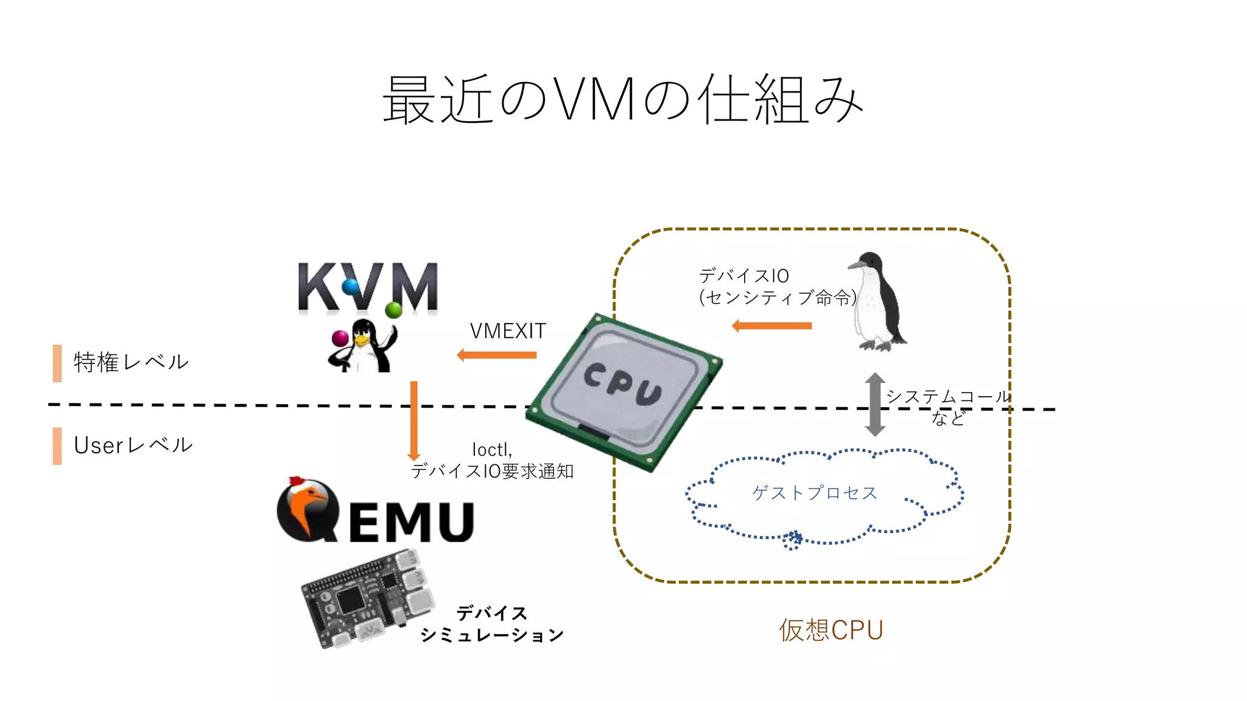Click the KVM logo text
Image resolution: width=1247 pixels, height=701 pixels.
(368, 287)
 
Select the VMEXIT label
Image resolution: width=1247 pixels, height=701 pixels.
(508, 331)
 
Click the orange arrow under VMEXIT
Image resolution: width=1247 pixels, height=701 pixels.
(497, 355)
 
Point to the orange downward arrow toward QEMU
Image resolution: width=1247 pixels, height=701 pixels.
(414, 420)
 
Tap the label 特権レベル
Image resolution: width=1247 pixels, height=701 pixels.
(131, 362)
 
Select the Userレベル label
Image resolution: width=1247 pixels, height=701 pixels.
(133, 445)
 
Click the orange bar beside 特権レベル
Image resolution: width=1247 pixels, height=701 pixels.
(57, 363)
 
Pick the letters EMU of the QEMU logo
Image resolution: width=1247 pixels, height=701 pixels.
(412, 522)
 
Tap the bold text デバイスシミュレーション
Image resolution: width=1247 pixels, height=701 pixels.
(492, 624)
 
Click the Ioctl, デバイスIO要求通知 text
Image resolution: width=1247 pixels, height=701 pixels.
(492, 461)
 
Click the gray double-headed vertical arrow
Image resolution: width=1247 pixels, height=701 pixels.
(875, 405)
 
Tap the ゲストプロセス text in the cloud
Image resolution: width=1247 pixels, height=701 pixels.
(815, 492)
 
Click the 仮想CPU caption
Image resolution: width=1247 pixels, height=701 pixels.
(831, 630)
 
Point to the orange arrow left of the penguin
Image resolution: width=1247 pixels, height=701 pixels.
(772, 326)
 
